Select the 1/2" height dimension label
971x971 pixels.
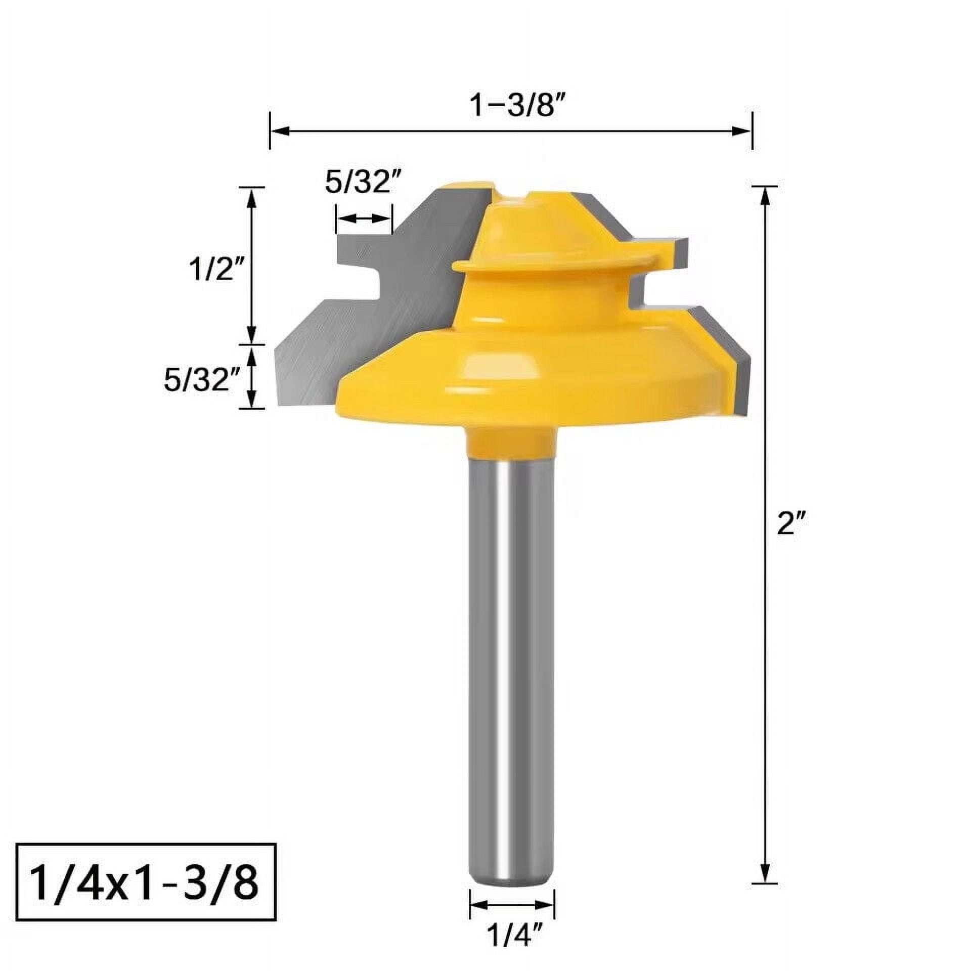(216, 269)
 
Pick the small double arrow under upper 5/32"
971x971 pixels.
(364, 218)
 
